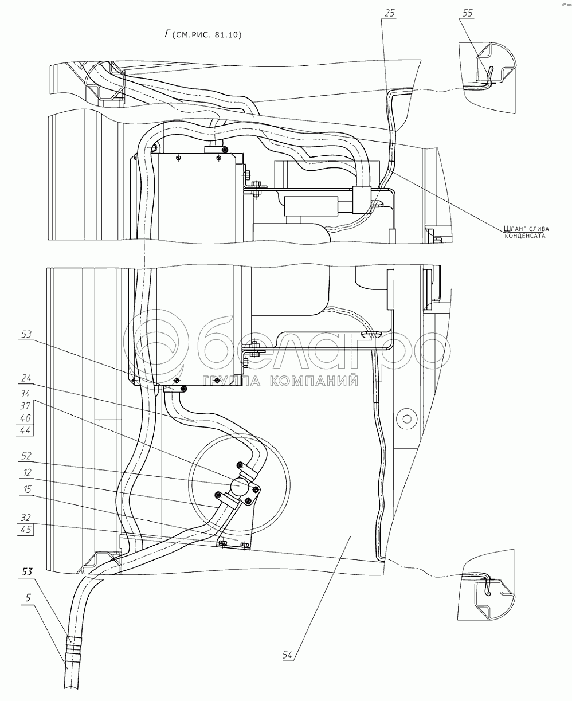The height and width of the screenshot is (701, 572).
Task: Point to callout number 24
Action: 26,378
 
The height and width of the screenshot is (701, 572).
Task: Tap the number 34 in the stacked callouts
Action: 26,394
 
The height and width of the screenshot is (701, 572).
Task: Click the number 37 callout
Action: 26,405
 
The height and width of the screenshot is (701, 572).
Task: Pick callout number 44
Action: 26,429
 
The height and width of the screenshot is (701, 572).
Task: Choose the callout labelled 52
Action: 26,457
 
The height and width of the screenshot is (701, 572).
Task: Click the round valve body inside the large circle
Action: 237,487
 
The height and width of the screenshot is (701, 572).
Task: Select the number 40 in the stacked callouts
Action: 26,417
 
